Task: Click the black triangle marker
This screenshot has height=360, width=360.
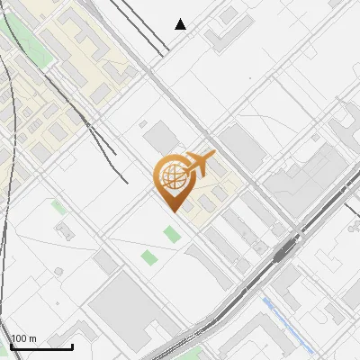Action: (x=181, y=24)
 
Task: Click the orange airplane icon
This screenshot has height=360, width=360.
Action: (x=199, y=165)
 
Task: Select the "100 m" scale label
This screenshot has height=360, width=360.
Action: (x=24, y=338)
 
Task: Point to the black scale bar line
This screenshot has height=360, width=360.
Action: (x=41, y=346)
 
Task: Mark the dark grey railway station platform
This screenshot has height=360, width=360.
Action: (x=287, y=248)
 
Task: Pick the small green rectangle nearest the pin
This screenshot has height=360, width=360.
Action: (x=171, y=235)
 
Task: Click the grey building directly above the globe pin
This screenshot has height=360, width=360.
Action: (x=162, y=137)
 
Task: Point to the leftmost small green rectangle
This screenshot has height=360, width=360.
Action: (x=58, y=207)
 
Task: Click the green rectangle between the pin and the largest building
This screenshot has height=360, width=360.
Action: (x=149, y=259)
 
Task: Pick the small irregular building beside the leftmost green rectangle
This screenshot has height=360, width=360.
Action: (x=64, y=232)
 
